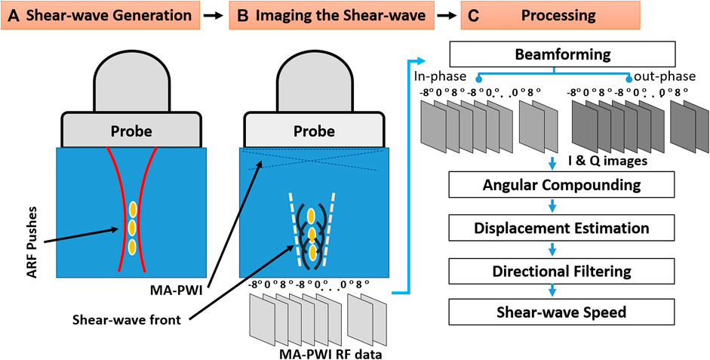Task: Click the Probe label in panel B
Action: [x=314, y=131]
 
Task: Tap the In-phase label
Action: [x=441, y=77]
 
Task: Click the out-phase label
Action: [x=662, y=77]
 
